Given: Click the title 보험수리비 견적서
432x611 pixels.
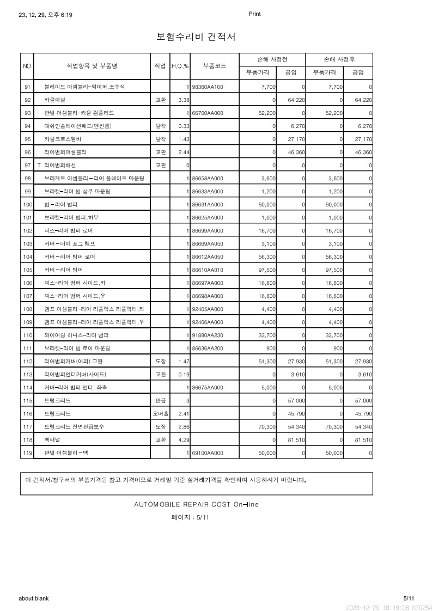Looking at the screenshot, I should tap(196, 37).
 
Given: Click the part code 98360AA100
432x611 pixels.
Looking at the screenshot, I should tap(208, 87).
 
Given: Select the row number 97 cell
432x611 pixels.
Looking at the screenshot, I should tap(27, 166).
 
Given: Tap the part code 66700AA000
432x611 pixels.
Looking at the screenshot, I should tap(208, 113).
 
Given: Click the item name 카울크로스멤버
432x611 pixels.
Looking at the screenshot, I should tap(62, 139).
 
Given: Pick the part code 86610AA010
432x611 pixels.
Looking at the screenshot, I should tap(208, 270).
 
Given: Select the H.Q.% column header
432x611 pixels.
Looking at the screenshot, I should tap(180, 66).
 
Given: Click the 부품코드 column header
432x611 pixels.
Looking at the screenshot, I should tap(215, 66).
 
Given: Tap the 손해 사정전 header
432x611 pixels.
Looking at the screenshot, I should tap(272, 59).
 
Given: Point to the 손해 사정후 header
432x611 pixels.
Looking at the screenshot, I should tap(339, 59).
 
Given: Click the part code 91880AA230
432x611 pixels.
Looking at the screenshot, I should tap(208, 335).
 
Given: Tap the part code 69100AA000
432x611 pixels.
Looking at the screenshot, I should tap(208, 453).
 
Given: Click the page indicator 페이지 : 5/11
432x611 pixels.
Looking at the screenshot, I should tap(190, 518).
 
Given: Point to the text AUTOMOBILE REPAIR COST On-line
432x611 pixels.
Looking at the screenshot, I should tap(196, 505).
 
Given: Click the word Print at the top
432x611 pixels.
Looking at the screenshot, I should tap(254, 14).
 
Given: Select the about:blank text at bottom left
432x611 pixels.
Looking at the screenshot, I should tap(34, 598).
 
